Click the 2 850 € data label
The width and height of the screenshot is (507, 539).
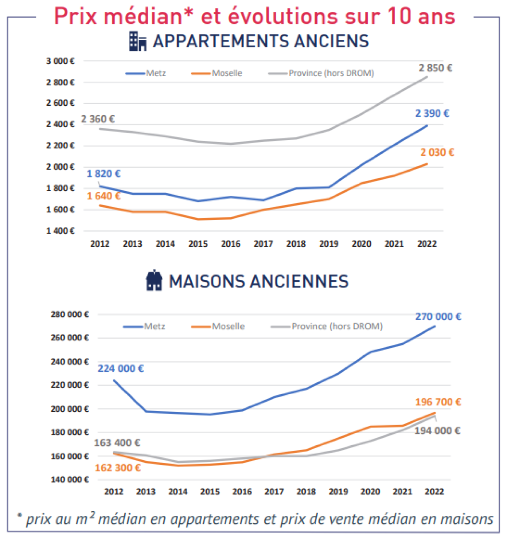tap(435, 68)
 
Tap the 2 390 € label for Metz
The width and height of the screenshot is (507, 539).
tap(432, 114)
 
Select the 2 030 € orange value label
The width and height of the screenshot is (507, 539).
tap(437, 153)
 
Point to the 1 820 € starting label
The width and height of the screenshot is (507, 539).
tap(103, 174)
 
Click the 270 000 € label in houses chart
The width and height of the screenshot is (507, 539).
tap(438, 317)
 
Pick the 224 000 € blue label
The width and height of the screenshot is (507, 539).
tap(121, 369)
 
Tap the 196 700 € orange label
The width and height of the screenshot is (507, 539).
tap(438, 402)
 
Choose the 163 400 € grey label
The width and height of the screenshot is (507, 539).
tap(117, 443)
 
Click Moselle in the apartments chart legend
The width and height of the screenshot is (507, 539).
tap(227, 73)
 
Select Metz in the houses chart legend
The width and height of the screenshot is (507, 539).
tap(155, 326)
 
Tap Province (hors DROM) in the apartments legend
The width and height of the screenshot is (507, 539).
tap(331, 73)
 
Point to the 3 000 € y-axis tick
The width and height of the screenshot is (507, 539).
tap(60, 61)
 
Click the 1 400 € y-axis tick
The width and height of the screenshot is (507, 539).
tap(60, 231)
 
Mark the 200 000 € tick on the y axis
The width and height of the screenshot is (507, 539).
tap(70, 409)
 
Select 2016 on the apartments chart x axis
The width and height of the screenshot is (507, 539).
tap(231, 244)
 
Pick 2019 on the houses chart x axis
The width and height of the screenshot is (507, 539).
tap(338, 491)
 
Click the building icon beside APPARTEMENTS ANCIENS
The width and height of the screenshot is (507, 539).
tap(138, 41)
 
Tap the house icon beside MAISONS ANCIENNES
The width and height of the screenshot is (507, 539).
tap(154, 281)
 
